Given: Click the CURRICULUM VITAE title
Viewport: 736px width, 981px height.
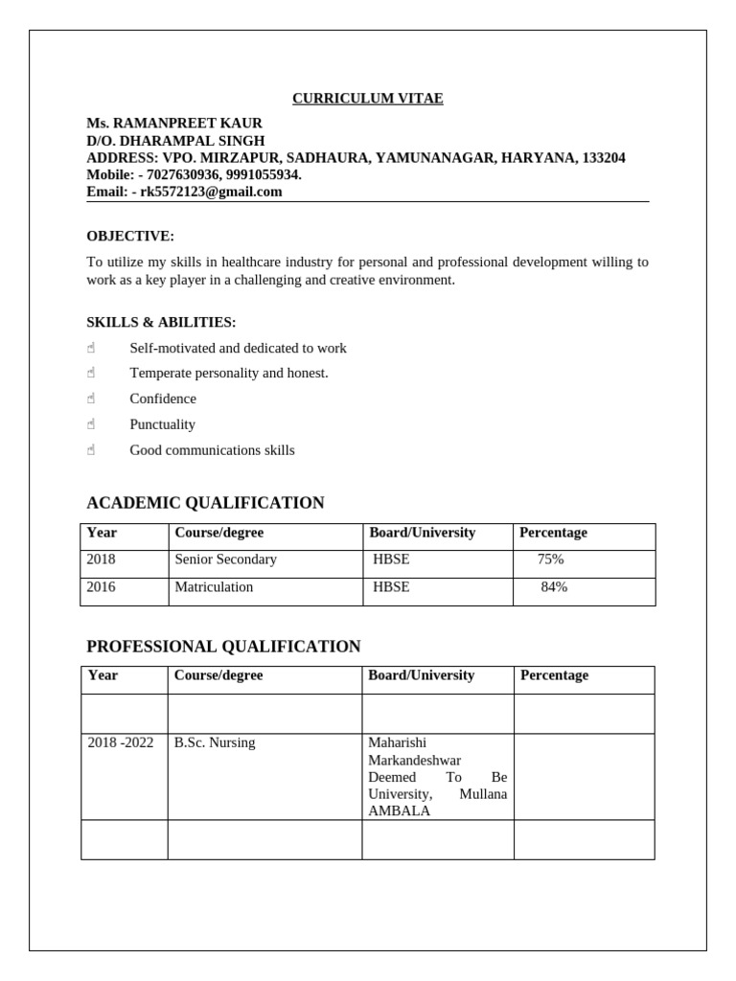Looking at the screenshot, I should coord(368,99).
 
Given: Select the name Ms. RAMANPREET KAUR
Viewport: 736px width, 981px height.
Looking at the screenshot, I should coord(174,124).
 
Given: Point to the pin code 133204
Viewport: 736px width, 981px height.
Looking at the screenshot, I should coord(604,158).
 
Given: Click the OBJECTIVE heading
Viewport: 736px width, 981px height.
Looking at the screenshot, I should coord(130,237).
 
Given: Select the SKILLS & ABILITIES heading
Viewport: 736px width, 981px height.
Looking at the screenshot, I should coord(161,323).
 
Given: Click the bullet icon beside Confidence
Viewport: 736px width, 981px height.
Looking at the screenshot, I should coord(91,399).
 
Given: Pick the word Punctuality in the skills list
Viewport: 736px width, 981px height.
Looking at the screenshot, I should coord(163,424).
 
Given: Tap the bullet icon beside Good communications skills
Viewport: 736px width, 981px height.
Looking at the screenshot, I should coord(91,450).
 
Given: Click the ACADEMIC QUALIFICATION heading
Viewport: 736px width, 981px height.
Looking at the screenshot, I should coord(205,503).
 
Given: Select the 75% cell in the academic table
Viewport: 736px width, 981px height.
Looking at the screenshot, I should coord(551,559).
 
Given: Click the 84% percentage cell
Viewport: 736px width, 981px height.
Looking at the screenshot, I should coord(554,587).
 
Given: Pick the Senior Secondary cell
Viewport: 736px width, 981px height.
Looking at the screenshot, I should coord(226,559).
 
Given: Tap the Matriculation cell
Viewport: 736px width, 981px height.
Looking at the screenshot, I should coord(215,587).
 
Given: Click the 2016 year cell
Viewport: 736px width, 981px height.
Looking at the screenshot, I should coord(102,587).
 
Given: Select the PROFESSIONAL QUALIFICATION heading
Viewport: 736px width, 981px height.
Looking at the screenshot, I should coord(223,647).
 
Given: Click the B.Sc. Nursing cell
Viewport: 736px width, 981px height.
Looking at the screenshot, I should coord(216,742).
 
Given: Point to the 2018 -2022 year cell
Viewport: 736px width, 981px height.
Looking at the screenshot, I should coord(121,742).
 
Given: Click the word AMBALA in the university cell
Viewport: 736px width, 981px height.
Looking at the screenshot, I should coord(400,811).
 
